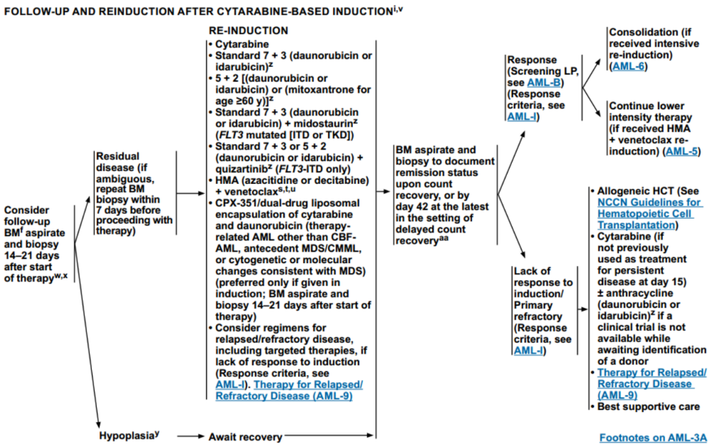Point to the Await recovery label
[x=244, y=437]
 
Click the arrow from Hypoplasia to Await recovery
[x=189, y=437]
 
